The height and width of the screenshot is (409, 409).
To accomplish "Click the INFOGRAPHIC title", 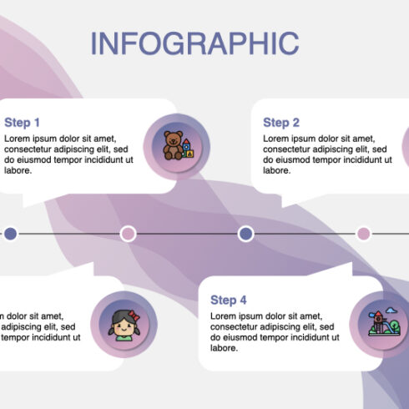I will [193, 43].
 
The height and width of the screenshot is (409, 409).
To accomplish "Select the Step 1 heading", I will [22, 122].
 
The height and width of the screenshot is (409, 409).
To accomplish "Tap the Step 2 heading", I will [280, 123].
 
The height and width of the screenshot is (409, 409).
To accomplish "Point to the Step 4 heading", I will [228, 300].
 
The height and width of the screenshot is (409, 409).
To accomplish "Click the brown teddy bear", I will [172, 144].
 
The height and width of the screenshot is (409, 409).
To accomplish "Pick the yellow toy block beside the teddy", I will [189, 154].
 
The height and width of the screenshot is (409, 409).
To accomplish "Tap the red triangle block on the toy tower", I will [187, 140].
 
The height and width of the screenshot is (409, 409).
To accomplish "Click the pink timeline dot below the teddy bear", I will [129, 234].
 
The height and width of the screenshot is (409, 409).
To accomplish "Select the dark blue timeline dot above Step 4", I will [245, 234].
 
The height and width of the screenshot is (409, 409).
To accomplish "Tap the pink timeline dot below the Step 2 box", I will [364, 234].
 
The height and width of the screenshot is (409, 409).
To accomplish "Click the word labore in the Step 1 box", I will [18, 170].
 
